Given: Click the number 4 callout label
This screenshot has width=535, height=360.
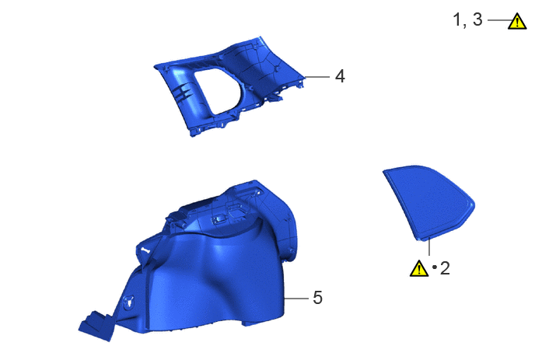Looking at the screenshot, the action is pos(340,76).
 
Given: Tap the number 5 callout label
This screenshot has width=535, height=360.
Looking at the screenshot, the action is pos(317,298).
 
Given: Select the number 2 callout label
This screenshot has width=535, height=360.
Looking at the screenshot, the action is pos(445,268).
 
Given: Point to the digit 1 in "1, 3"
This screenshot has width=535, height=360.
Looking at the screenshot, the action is pos(456,19).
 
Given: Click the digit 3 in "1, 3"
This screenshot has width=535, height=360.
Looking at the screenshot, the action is pos(477,19).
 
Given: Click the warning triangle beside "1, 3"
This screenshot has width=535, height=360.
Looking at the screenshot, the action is pos(517,22).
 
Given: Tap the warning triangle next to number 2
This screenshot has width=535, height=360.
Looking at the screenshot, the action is pos(419,268).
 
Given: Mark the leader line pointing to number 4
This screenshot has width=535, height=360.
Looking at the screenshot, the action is pos(317,77).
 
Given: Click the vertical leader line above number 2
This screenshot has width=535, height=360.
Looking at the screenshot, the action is pos(429,247).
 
